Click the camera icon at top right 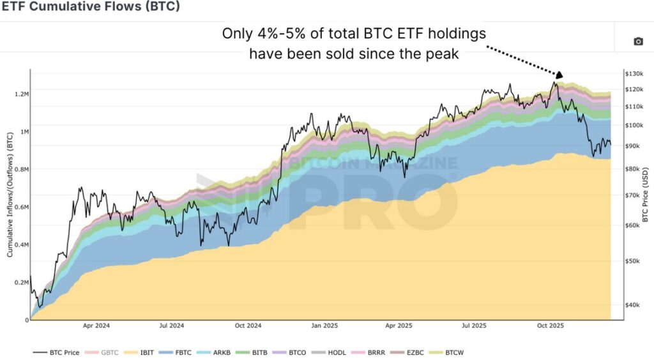(x=637, y=41)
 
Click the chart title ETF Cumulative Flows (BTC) (x=90, y=7)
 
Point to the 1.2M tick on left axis (x=20, y=94)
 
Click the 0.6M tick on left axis (x=20, y=207)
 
